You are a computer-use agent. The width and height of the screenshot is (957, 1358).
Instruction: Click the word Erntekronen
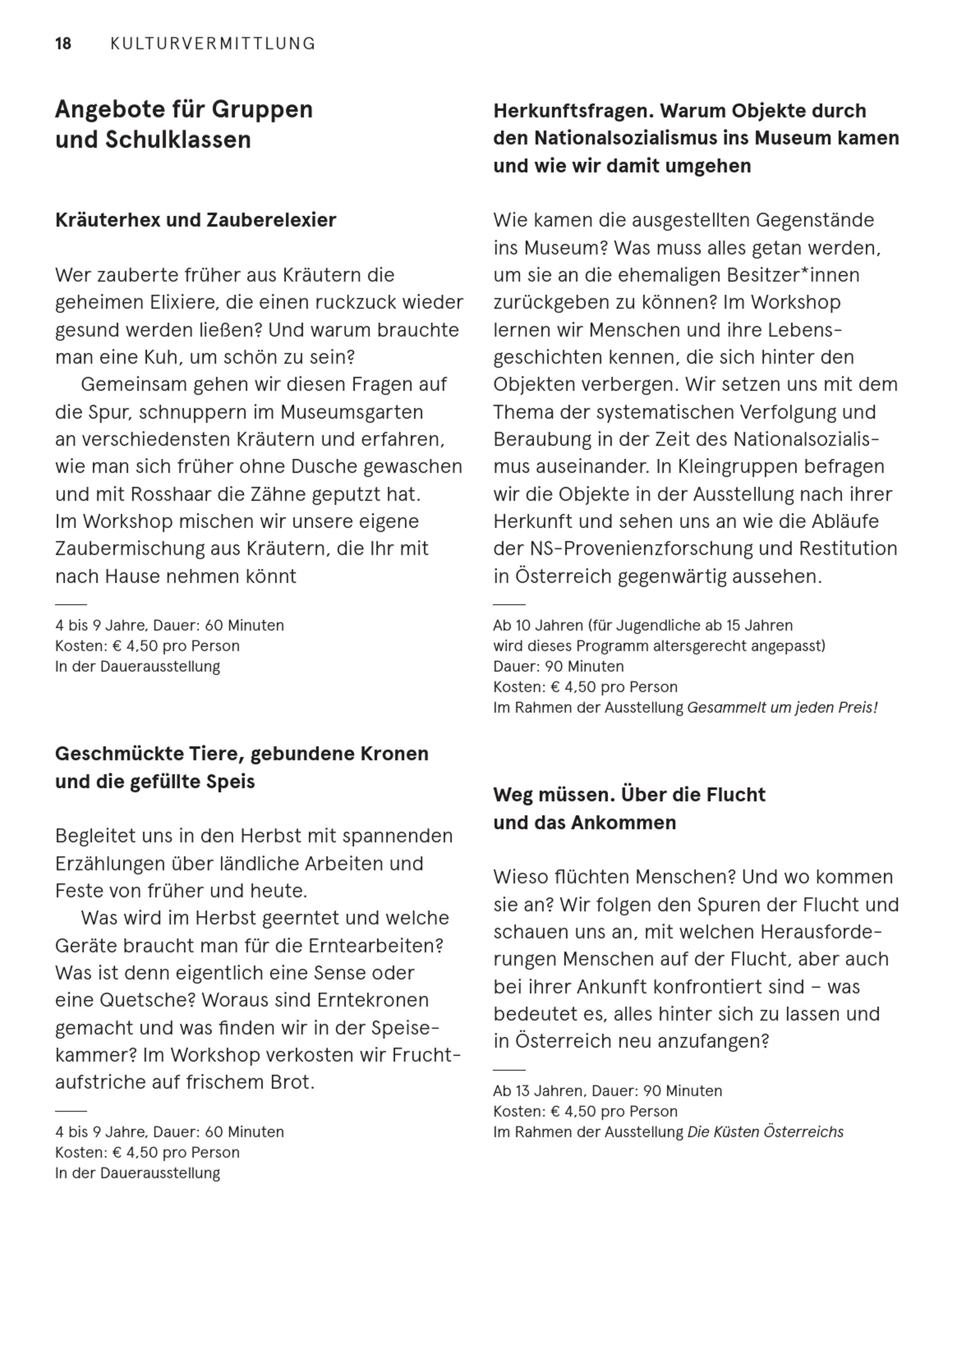coord(373,1000)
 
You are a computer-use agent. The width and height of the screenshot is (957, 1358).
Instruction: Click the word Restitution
coord(847,548)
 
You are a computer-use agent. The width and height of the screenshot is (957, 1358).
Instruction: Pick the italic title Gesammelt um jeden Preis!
coord(782,707)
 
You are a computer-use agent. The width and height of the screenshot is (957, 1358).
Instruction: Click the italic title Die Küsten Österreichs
coord(765,1132)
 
